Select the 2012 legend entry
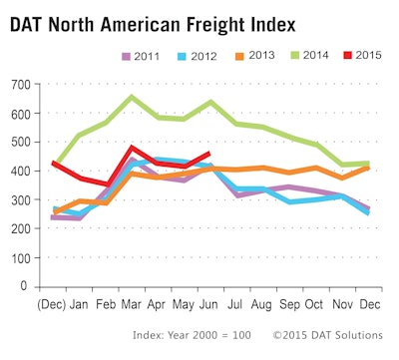(196, 57)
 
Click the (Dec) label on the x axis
(53, 302)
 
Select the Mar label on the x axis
(131, 302)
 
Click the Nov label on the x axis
(338, 302)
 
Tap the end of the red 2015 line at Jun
(207, 153)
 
